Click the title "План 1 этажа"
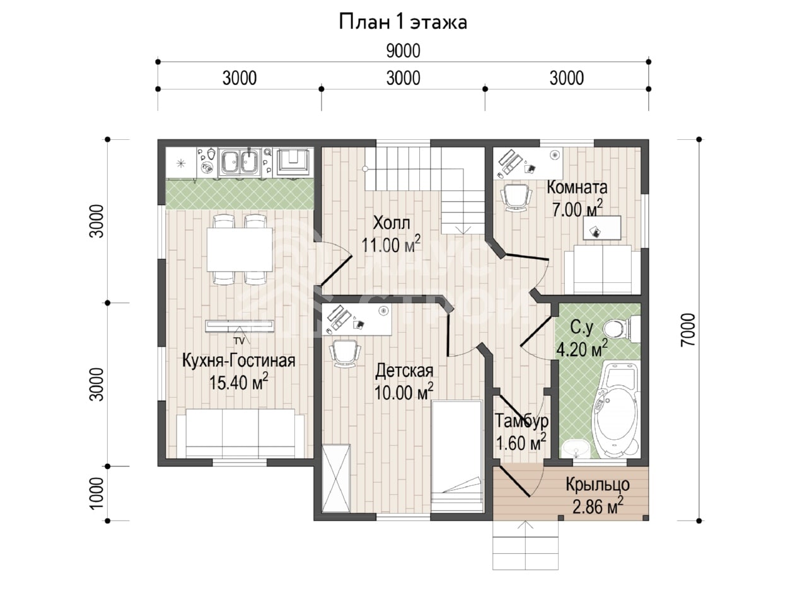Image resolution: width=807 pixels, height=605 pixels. (x=403, y=22)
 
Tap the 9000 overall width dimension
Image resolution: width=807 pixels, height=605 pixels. (x=403, y=50)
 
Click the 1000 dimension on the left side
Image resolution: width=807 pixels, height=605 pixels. (x=96, y=493)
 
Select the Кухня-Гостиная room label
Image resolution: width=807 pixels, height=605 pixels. (x=238, y=360)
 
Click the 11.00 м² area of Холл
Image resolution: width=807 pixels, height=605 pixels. (x=391, y=245)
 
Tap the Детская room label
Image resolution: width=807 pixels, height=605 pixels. (x=404, y=371)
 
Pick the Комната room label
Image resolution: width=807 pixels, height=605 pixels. (x=577, y=187)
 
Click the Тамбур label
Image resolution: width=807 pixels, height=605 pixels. (x=521, y=420)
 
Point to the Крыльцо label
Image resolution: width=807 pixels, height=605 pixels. (x=598, y=485)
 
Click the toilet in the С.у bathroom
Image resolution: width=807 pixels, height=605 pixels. (x=621, y=328)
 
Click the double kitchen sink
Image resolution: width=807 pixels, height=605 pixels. (x=240, y=161)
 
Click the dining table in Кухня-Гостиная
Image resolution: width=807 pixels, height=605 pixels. (x=240, y=250)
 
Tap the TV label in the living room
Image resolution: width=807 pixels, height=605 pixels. (x=239, y=341)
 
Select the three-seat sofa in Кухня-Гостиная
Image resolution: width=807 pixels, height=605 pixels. (x=240, y=434)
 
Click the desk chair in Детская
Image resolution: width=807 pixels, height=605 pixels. (x=344, y=353)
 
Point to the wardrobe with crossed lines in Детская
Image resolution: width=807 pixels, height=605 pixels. (x=335, y=478)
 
